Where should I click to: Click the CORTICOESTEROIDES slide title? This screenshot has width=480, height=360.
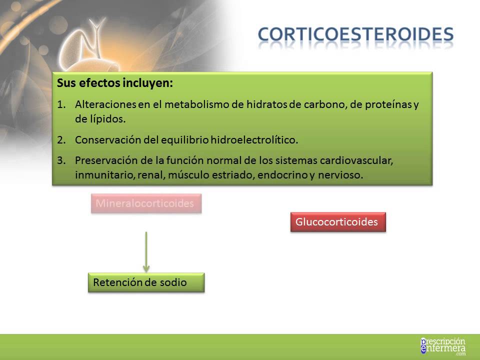pyautogui.click(x=355, y=34)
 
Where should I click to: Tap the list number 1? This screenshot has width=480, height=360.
pyautogui.click(x=61, y=104)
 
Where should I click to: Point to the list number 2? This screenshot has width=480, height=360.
pyautogui.click(x=61, y=140)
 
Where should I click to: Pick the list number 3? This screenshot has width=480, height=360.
pyautogui.click(x=61, y=160)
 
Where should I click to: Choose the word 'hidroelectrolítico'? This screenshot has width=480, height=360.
pyautogui.click(x=254, y=140)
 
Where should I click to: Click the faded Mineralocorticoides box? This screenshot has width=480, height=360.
pyautogui.click(x=146, y=203)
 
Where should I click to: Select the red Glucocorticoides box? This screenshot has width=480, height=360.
pyautogui.click(x=338, y=222)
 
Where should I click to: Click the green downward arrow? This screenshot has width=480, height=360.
pyautogui.click(x=146, y=251)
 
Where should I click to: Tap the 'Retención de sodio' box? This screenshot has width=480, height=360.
pyautogui.click(x=146, y=282)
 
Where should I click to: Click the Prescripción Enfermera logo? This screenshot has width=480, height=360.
pyautogui.click(x=443, y=346)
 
